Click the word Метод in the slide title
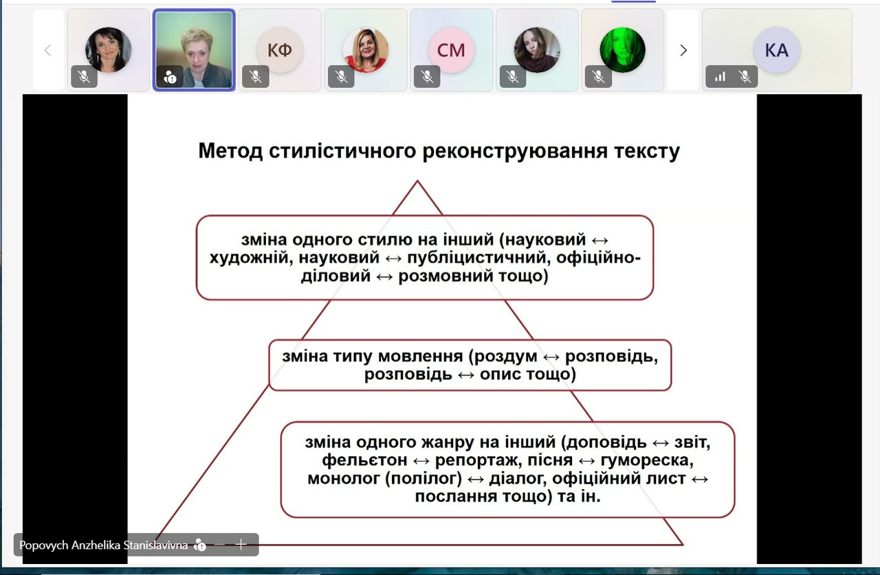coord(230,150)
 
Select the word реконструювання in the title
coord(515,152)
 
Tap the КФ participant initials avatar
coord(280,50)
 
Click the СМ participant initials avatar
coord(452,50)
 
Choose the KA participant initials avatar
coord(777,50)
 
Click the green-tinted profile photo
coord(622,50)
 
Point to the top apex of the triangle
coord(417,181)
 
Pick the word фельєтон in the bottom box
coord(364,460)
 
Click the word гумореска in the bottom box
coord(647,460)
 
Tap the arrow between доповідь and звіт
coord(661,443)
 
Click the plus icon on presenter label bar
coord(241,544)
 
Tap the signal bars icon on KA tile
coord(720,76)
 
